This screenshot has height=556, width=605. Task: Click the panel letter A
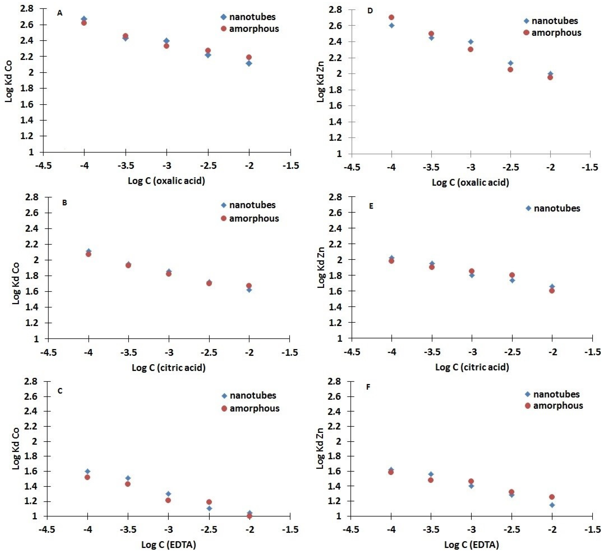60,13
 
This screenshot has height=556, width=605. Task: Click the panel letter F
368,387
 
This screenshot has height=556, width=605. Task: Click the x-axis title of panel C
169,544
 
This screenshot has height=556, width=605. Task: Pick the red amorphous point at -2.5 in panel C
209,502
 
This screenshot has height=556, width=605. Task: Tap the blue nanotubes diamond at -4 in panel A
84,19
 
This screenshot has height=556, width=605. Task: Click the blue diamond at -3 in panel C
168,494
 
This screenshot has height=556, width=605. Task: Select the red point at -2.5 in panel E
512,275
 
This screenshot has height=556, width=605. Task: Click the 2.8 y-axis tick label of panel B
32,197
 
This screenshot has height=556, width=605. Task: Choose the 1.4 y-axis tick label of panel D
336,122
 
